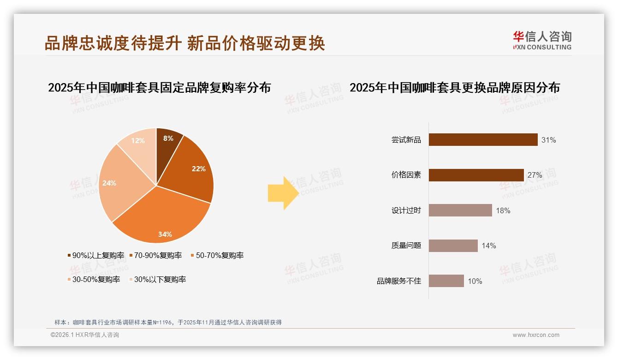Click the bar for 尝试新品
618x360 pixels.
tap(483, 139)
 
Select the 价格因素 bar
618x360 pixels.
tap(476, 175)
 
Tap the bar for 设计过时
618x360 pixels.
tap(460, 210)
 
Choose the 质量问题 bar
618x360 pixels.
tap(453, 246)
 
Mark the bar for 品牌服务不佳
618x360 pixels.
tap(446, 281)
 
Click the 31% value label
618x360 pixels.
tap(548, 140)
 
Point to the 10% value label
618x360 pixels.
tap(475, 281)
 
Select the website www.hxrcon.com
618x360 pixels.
tap(535, 335)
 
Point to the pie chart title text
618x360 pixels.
tap(159, 87)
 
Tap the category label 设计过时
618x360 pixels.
tap(406, 210)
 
